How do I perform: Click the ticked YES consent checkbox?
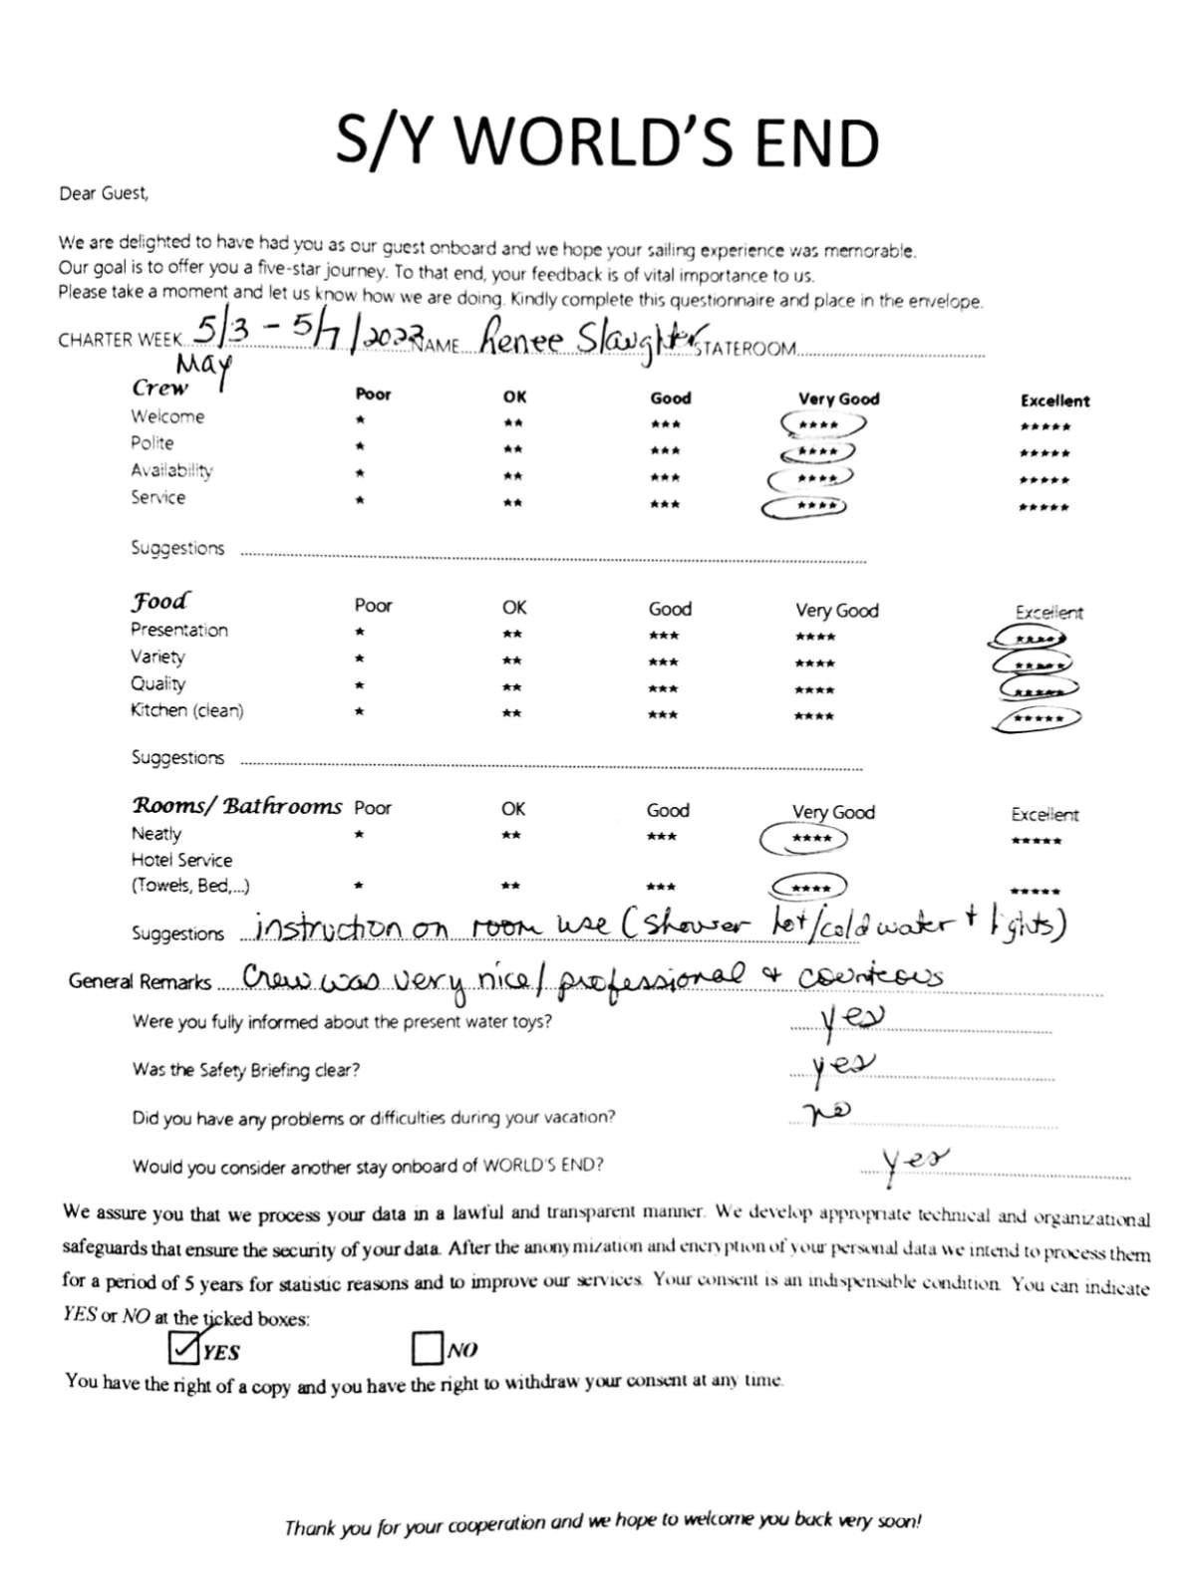pyautogui.click(x=184, y=1348)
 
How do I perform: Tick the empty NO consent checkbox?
pyautogui.click(x=426, y=1349)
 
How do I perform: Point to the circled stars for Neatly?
pyautogui.click(x=804, y=839)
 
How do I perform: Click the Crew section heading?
pyautogui.click(x=159, y=388)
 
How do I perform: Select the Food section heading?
pyautogui.click(x=159, y=602)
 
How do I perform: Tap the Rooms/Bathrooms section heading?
pyautogui.click(x=237, y=806)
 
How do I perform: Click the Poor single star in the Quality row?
pyautogui.click(x=360, y=686)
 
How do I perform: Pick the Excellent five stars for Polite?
pyautogui.click(x=1045, y=454)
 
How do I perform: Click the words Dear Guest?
pyautogui.click(x=104, y=194)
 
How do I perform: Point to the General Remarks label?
pyautogui.click(x=140, y=982)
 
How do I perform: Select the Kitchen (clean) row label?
pyautogui.click(x=186, y=710)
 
